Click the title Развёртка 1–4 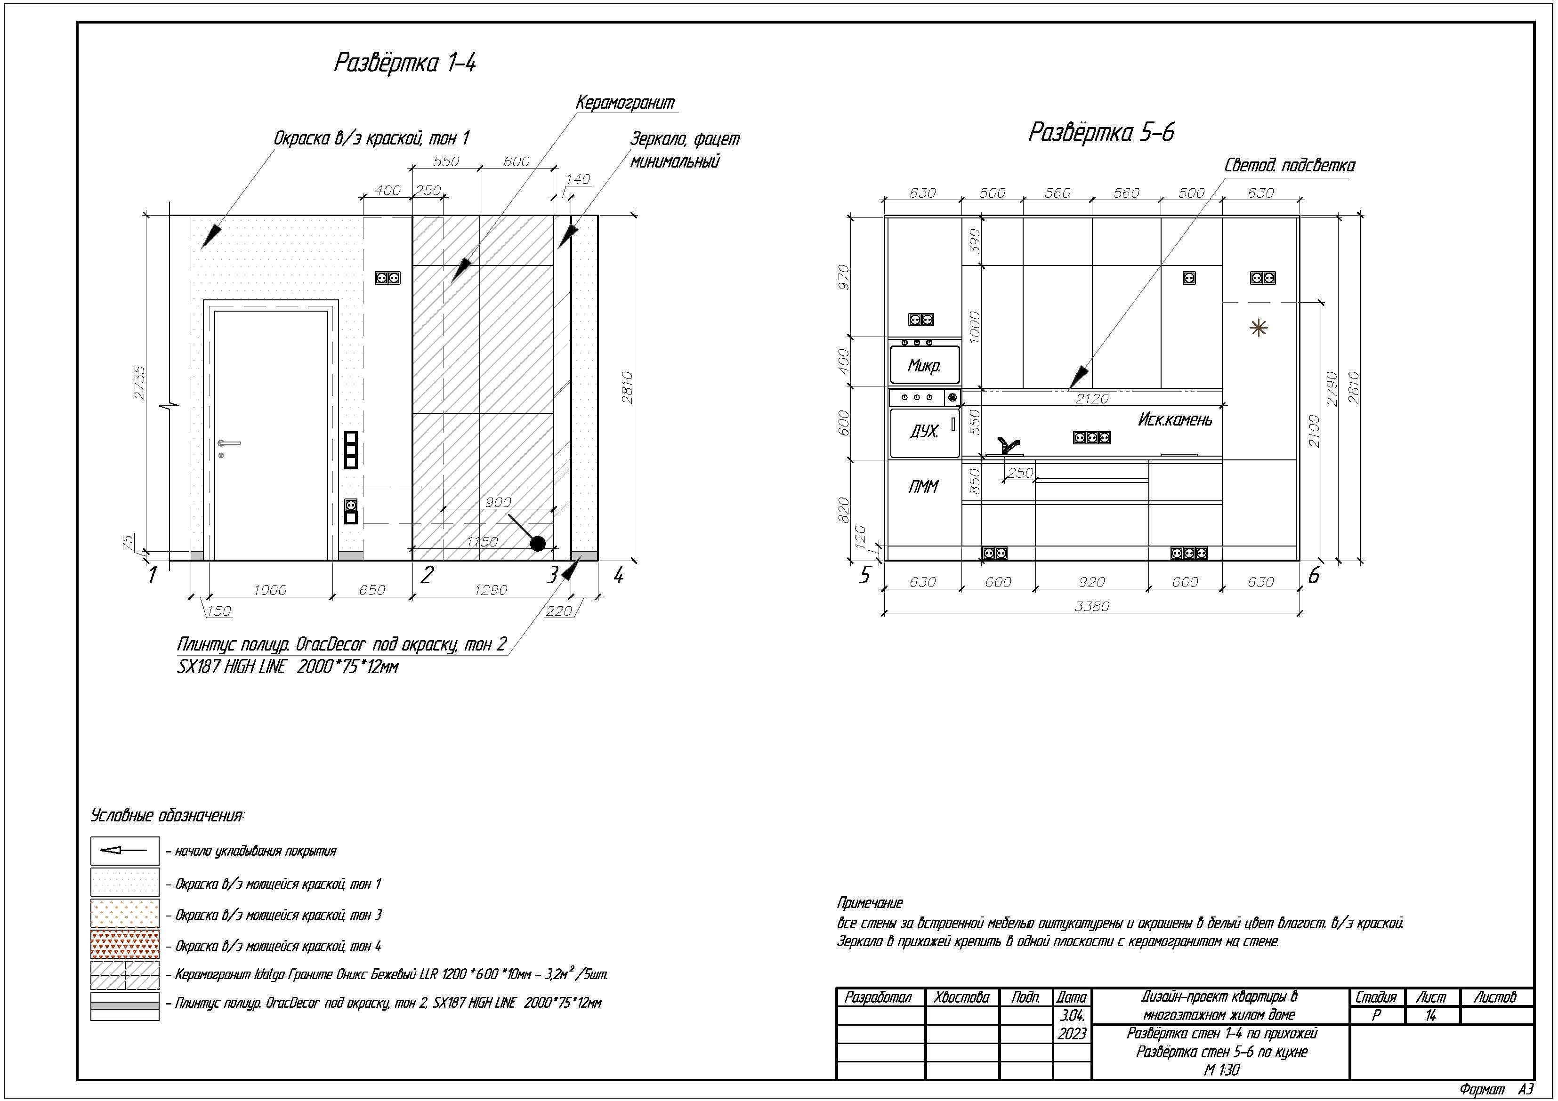405,63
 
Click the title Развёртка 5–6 1101,132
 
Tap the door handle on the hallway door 229,444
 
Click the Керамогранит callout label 625,103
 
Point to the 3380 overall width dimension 1092,606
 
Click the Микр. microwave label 924,366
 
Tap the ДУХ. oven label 924,431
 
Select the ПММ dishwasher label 923,486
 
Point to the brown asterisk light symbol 1259,329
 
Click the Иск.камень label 1175,419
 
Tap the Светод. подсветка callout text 1289,166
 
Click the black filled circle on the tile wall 537,543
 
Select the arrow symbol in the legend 125,851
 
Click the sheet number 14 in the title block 1430,1015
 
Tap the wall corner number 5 864,575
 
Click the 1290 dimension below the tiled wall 491,589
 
